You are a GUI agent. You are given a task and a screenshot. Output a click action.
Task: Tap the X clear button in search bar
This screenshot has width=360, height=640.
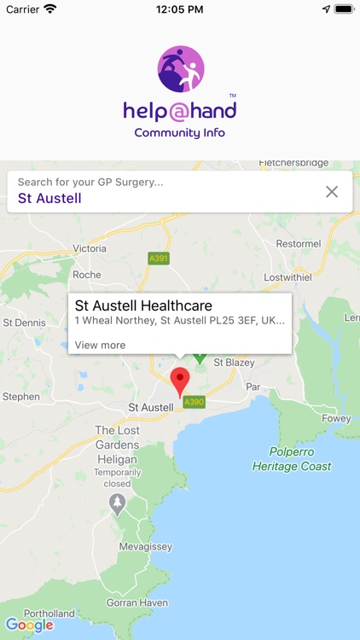pyautogui.click(x=332, y=192)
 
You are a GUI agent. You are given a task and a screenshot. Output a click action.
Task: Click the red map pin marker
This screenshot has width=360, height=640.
pyautogui.click(x=180, y=381)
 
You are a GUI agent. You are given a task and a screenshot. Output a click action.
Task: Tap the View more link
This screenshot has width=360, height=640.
pyautogui.click(x=100, y=345)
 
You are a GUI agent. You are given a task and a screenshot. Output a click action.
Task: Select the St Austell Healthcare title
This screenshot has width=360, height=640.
pyautogui.click(x=143, y=305)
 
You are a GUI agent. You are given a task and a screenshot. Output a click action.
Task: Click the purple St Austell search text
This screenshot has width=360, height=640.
pyautogui.click(x=49, y=198)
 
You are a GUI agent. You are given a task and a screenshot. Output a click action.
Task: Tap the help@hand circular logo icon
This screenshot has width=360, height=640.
pyautogui.click(x=180, y=69)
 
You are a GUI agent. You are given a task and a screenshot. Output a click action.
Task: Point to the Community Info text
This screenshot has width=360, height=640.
pyautogui.click(x=179, y=132)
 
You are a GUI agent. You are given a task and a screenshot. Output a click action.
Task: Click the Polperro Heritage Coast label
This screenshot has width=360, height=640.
pyautogui.click(x=292, y=459)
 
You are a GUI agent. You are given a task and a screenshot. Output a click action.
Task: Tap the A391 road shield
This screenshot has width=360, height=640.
pyautogui.click(x=159, y=258)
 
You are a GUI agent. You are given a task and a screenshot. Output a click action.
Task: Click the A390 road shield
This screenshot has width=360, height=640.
pyautogui.click(x=195, y=402)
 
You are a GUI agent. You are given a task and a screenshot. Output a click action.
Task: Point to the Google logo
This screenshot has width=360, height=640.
pyautogui.click(x=29, y=625)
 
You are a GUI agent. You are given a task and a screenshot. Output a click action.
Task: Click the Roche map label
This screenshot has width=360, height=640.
pyautogui.click(x=87, y=275)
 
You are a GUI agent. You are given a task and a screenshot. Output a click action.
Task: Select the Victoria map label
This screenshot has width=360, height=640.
pyautogui.click(x=90, y=248)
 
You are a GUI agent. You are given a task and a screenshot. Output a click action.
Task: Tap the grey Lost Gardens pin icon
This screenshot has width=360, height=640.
pyautogui.click(x=118, y=503)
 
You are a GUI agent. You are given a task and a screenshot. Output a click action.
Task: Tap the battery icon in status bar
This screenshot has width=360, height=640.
pyautogui.click(x=344, y=9)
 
